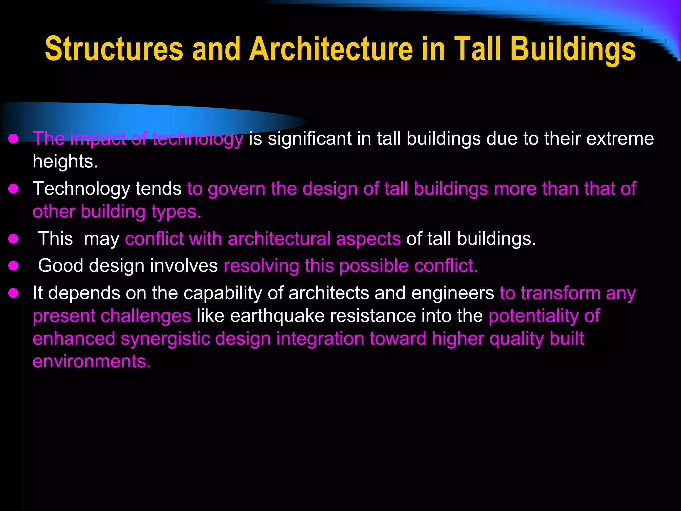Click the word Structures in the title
(114, 49)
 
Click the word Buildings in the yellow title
(573, 49)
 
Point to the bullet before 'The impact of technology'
(13, 139)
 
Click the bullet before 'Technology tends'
(13, 189)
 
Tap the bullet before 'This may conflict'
(13, 239)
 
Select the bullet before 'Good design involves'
(13, 266)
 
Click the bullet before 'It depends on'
(13, 293)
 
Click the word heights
(65, 162)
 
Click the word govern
(237, 189)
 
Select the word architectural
(281, 239)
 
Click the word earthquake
(277, 316)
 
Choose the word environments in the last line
(91, 362)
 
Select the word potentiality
(533, 316)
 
